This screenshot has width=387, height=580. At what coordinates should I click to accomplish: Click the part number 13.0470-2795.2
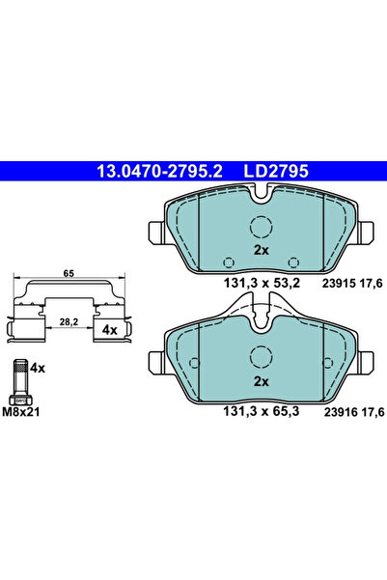(159, 171)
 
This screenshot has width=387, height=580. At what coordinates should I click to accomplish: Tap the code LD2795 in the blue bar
(276, 171)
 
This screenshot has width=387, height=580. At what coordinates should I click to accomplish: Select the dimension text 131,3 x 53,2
(262, 284)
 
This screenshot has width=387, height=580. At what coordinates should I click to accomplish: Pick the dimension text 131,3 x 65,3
(262, 411)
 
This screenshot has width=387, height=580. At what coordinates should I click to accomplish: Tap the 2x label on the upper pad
(262, 250)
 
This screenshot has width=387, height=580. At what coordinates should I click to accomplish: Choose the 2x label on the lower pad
(262, 382)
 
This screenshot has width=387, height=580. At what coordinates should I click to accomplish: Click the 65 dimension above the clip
(69, 273)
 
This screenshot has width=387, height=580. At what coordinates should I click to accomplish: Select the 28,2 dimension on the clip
(69, 321)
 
